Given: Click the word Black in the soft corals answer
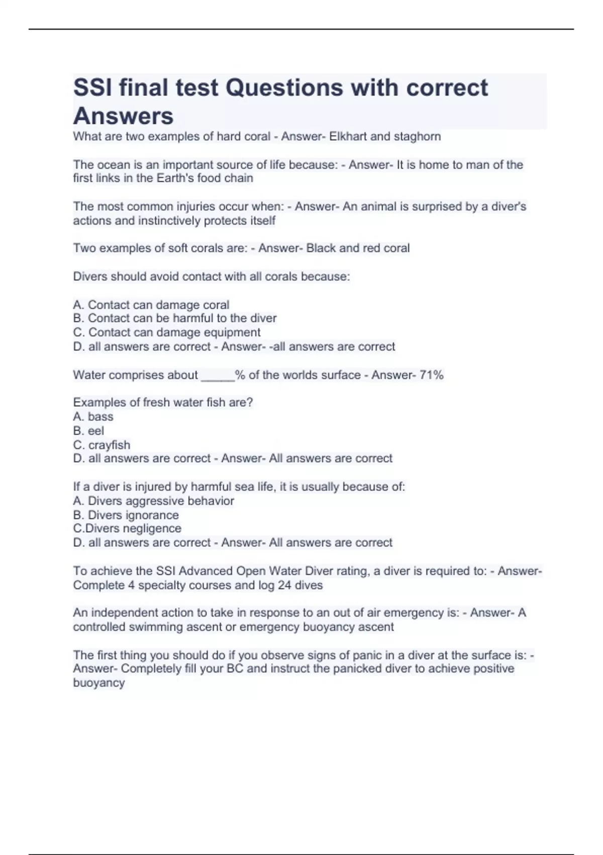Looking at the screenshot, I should pos(321,248).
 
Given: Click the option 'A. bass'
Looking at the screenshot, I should pos(93,416).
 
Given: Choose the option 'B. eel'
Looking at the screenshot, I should pos(88,431).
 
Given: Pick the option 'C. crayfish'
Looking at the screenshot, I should pos(102,445).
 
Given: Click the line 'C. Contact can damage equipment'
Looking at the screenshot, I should pos(167,332).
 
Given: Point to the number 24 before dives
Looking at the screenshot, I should pos(284,585).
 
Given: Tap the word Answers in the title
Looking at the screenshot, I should pos(124,116).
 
